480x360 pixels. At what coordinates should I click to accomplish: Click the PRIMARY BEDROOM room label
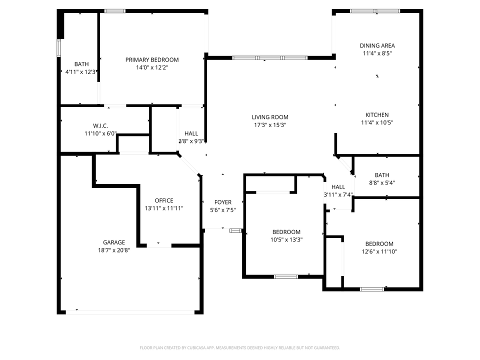pos(151,59)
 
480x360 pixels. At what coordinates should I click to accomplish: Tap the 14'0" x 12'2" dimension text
pos(151,67)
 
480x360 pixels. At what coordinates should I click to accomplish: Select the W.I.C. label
pos(100,125)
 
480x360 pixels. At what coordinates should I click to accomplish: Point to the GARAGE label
pos(114,242)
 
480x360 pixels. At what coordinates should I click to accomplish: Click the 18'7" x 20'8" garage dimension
pos(114,250)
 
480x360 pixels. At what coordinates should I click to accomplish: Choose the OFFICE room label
pos(164,200)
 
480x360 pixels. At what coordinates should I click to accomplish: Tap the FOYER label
pos(222,202)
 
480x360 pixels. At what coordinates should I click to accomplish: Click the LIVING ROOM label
pos(270,117)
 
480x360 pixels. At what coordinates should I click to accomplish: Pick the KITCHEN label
pos(376,114)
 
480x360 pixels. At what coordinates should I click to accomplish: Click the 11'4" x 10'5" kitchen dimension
pos(376,122)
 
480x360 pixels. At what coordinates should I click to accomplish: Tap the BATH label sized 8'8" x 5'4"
pos(382,175)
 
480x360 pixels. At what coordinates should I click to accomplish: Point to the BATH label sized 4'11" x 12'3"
pos(81,64)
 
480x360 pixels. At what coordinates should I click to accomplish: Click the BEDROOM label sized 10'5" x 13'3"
pos(286,232)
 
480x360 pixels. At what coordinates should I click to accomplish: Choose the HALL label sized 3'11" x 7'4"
pos(338,187)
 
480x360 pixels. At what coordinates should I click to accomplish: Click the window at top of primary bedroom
pos(114,10)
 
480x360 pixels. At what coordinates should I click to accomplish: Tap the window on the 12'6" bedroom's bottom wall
pos(372,288)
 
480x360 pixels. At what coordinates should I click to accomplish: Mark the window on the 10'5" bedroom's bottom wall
pos(285,276)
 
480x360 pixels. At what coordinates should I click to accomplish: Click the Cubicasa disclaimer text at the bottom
pos(240,347)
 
